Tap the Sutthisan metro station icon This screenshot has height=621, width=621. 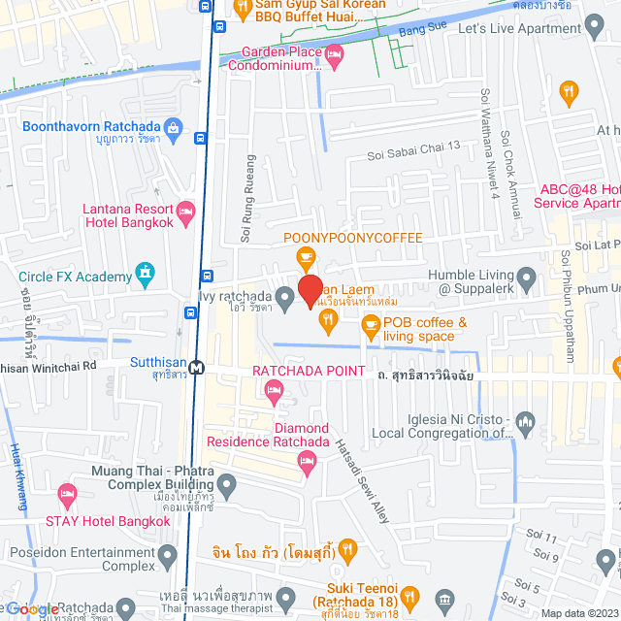(x=197, y=369)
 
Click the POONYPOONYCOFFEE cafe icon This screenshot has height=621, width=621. (x=306, y=258)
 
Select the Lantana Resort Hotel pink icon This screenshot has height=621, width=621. (x=187, y=211)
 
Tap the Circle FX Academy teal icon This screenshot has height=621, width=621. (x=146, y=273)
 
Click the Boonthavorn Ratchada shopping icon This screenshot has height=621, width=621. (x=174, y=126)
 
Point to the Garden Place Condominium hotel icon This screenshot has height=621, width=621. (x=336, y=59)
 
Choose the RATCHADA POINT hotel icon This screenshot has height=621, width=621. (x=275, y=392)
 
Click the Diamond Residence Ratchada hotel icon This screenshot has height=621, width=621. (x=308, y=467)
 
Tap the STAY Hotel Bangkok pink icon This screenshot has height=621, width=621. (x=67, y=498)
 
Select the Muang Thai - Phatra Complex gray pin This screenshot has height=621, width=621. (x=226, y=483)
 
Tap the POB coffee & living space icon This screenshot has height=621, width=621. (x=370, y=329)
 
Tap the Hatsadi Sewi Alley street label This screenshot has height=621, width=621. (x=361, y=480)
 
